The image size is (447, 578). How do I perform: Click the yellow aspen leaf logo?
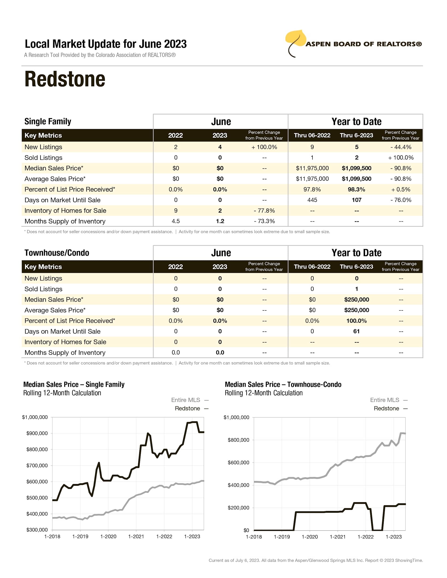(296, 40)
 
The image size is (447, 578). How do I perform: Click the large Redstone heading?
(65, 79)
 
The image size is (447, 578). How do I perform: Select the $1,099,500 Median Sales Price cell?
(356, 168)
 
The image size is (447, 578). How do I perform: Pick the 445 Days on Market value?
(312, 200)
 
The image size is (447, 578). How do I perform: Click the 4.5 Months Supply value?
(176, 221)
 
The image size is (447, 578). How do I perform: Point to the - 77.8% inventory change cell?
(264, 210)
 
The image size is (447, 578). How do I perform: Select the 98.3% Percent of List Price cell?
(356, 189)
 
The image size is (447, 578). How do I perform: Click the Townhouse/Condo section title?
(57, 253)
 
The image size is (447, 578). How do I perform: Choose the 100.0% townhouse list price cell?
(356, 321)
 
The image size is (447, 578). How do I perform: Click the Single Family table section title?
(48, 121)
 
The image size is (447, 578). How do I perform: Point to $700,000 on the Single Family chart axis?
(37, 465)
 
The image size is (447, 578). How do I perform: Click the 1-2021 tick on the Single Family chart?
(136, 536)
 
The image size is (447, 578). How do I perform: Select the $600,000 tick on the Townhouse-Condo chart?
(238, 462)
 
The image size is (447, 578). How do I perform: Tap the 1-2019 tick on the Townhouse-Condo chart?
(282, 537)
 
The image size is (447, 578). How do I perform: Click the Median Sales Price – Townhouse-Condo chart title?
(283, 384)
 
